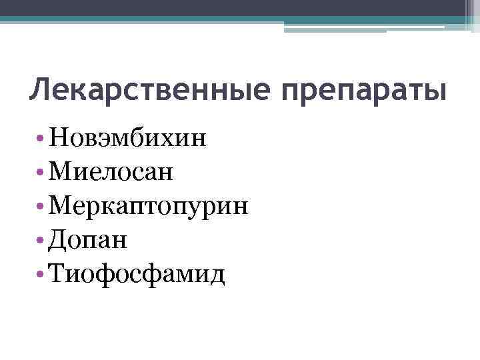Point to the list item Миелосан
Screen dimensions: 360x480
click(x=112, y=173)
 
